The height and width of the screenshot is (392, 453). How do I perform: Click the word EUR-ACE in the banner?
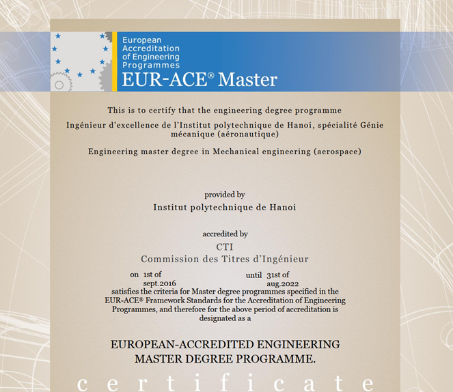click(x=164, y=80)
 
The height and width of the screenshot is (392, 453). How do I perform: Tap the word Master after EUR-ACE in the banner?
click(x=247, y=80)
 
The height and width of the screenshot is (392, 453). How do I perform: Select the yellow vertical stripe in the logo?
click(x=115, y=61)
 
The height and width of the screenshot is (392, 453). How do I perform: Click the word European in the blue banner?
click(x=142, y=40)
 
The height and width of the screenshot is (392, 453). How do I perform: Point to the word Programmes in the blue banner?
click(x=151, y=65)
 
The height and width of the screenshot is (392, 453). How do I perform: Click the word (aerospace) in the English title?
click(x=337, y=151)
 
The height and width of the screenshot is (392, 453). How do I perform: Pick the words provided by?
click(x=224, y=195)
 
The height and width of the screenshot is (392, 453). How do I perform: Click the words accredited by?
click(x=225, y=234)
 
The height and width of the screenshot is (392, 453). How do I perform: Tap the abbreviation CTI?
click(x=225, y=247)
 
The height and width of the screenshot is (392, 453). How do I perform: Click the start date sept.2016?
click(x=160, y=283)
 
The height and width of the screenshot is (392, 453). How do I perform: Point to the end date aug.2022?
click(x=282, y=283)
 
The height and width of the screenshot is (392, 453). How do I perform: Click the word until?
click(x=254, y=275)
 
